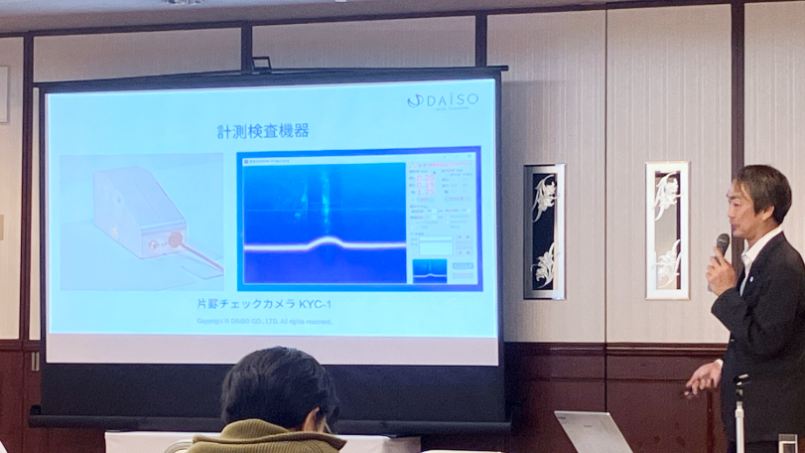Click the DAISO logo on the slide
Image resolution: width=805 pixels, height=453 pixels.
pyautogui.click(x=443, y=100)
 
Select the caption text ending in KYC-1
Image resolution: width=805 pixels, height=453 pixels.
pyautogui.click(x=263, y=304)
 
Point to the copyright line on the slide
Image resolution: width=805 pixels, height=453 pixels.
pyautogui.click(x=264, y=321)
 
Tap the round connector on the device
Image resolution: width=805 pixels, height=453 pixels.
pyautogui.click(x=175, y=239)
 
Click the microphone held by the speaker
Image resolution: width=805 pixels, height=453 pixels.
pyautogui.click(x=722, y=243)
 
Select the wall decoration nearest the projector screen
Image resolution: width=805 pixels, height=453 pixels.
pyautogui.click(x=544, y=230)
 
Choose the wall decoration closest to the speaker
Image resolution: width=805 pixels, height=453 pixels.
pyautogui.click(x=667, y=229)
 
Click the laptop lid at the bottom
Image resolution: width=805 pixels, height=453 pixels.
pyautogui.click(x=593, y=432)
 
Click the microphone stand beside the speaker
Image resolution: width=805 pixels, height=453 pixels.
pyautogui.click(x=740, y=412)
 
